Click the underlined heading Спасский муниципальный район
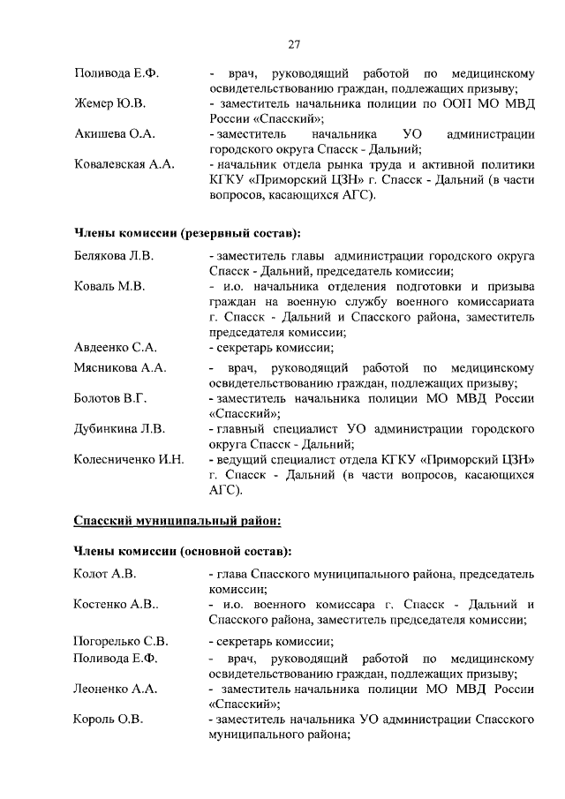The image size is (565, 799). [x=177, y=521]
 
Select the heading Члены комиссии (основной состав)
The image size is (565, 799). [x=183, y=552]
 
